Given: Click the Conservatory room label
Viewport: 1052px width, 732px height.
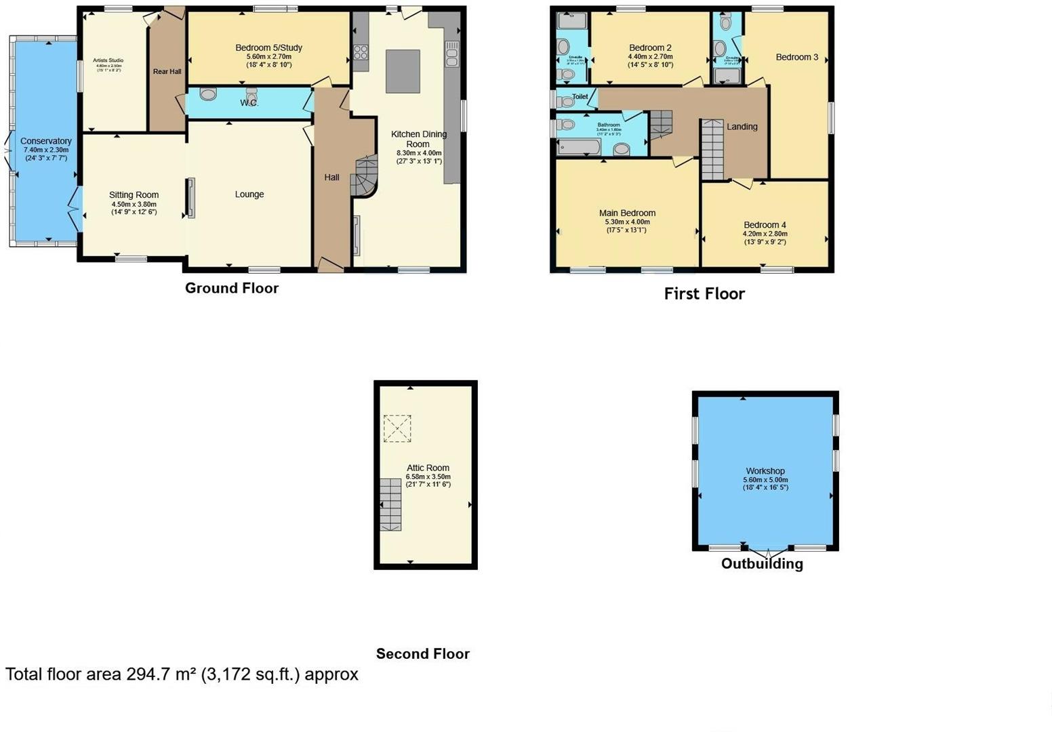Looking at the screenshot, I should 45,141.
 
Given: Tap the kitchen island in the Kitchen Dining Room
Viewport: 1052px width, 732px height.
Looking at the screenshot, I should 403,71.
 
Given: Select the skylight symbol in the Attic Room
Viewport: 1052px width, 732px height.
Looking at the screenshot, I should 397,428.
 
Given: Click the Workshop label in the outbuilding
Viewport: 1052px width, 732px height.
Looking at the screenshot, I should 765,471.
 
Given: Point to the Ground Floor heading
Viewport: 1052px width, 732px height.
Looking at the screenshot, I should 232,288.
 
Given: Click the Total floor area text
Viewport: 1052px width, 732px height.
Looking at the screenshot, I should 182,674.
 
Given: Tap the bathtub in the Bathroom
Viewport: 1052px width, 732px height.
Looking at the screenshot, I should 579,147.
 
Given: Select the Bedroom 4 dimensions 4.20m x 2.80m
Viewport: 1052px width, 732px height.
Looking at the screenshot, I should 765,235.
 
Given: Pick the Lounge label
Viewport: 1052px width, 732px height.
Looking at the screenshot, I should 249,195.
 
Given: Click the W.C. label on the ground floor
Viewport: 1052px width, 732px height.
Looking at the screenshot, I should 249,103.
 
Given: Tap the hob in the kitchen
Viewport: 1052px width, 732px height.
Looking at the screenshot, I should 361,52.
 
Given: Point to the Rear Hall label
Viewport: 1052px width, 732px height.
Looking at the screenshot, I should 167,71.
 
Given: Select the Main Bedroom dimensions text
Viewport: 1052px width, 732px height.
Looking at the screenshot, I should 627,226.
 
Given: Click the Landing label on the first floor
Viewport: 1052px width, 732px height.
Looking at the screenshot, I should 742,127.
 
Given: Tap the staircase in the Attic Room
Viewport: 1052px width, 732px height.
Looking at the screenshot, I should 390,504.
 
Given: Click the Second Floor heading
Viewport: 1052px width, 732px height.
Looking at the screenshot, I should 422,654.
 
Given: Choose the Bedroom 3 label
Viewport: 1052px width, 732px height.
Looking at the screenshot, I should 796,57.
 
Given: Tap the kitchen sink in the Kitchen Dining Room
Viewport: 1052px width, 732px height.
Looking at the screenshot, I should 451,54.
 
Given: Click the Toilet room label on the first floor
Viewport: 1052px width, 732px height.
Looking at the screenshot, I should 580,97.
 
